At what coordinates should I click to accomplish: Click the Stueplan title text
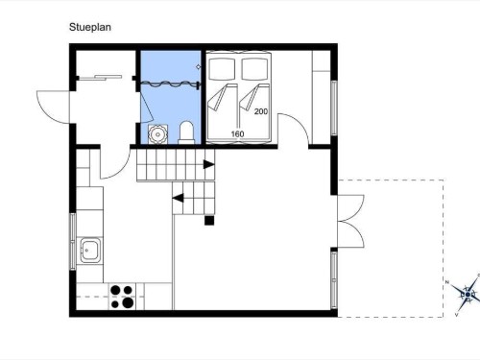pos(90,27)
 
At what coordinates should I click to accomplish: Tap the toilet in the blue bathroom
pos(186,132)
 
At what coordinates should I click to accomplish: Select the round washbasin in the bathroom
pos(157,134)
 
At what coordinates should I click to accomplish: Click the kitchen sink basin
pos(90,250)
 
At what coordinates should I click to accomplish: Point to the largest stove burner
pos(128,302)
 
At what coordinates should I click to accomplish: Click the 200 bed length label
pos(261,111)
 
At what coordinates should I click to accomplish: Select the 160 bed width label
pos(237,133)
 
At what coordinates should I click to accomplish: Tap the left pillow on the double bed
pos(222,68)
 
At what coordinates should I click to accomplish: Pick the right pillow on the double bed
pos(254,68)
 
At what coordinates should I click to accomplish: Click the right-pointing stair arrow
pos(209,164)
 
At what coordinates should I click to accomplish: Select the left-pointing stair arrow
pos(179,198)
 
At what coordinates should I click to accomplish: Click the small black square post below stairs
pos(209,221)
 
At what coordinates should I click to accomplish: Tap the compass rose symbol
pos(467,294)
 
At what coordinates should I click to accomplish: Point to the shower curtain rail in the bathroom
pos(171,84)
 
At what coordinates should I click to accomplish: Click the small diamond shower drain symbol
pos(199,66)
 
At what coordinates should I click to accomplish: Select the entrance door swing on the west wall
pos(54,107)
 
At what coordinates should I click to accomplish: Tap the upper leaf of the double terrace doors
pos(350,207)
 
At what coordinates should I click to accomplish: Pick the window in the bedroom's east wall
pos(334,108)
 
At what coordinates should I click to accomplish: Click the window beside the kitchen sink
pos(73,242)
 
